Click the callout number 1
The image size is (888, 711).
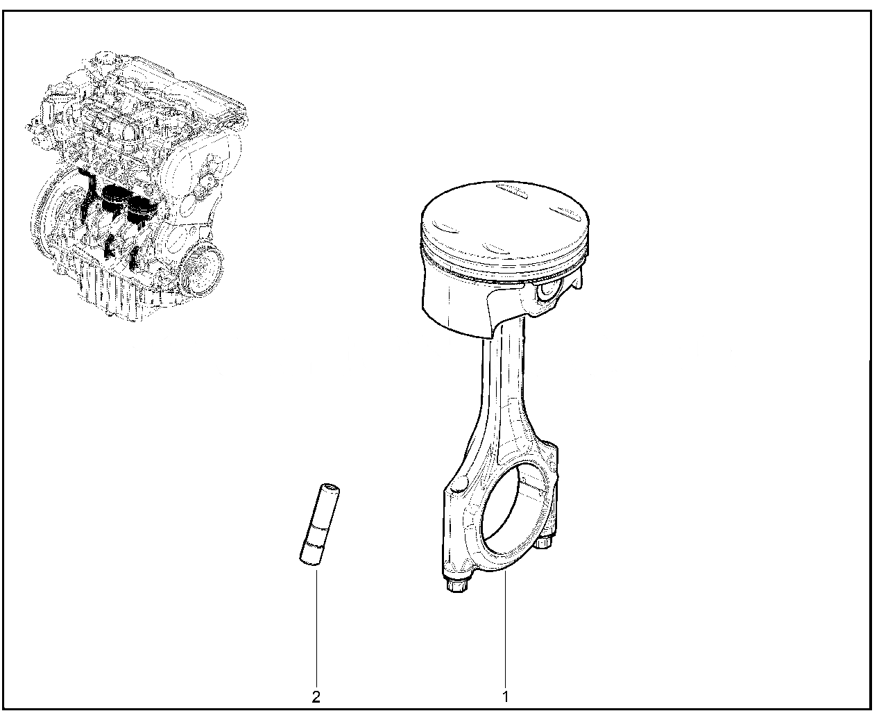click(506, 696)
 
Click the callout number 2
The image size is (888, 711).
click(316, 697)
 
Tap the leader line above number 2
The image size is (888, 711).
click(316, 628)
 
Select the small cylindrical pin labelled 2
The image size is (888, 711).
click(319, 524)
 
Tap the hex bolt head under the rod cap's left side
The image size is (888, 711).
click(456, 586)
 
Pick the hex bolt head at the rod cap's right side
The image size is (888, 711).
click(543, 542)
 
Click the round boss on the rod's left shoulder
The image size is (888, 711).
click(459, 484)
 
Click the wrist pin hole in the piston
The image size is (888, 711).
click(547, 290)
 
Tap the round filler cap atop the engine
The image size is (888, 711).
click(103, 57)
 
